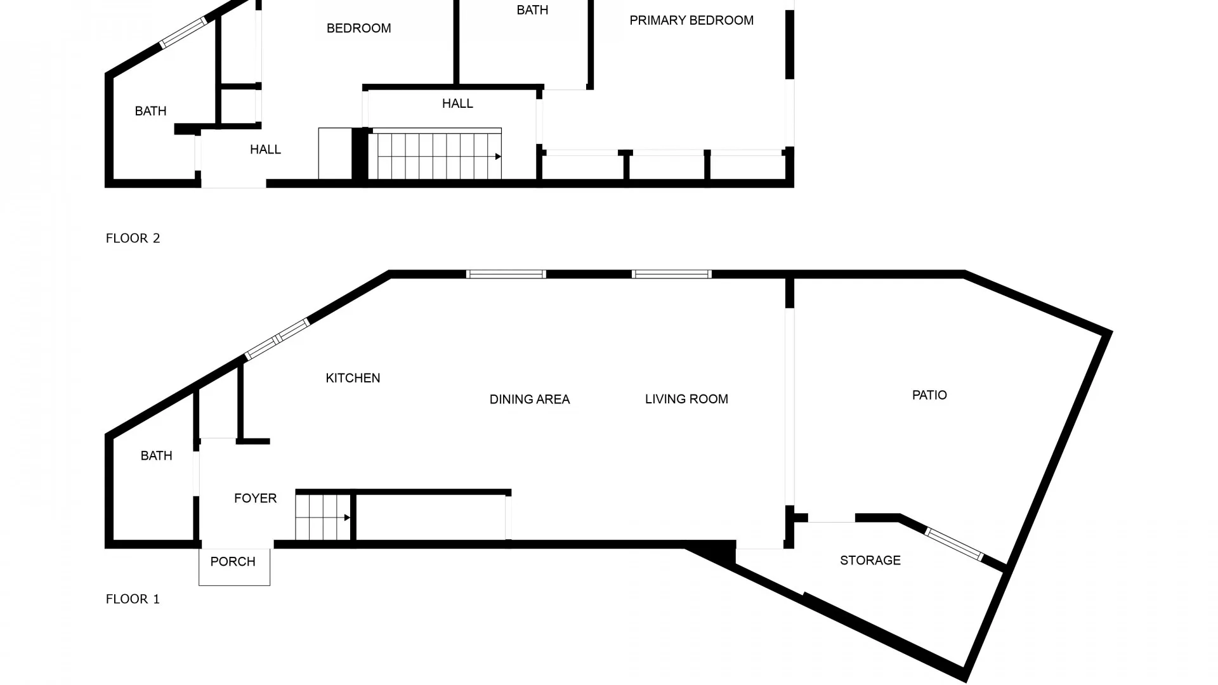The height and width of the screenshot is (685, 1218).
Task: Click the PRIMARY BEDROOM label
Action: [691, 20]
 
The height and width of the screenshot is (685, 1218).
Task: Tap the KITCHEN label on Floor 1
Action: [353, 378]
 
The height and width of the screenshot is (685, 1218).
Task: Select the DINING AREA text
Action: [530, 400]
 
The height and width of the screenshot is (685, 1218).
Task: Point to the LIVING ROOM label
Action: [686, 399]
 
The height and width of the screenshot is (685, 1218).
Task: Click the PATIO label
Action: [929, 395]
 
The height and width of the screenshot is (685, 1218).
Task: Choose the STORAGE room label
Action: [870, 561]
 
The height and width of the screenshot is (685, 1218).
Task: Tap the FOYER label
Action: [255, 499]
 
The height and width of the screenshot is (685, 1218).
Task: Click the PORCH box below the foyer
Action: [234, 567]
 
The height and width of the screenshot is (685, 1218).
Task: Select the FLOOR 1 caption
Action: [133, 599]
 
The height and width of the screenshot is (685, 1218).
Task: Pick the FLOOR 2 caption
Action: [133, 238]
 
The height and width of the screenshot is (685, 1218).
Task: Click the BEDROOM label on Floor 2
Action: [358, 29]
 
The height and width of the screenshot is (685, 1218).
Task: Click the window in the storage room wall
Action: [954, 544]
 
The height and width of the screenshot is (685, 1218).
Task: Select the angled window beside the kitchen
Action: [277, 339]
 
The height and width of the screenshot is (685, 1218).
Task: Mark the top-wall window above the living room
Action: [672, 274]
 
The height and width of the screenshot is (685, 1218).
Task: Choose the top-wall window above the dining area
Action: [506, 274]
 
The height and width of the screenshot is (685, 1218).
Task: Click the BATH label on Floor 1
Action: [156, 456]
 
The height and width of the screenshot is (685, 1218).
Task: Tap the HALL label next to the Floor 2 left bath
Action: [265, 150]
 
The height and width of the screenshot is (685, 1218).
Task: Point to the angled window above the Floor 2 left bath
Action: [183, 33]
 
